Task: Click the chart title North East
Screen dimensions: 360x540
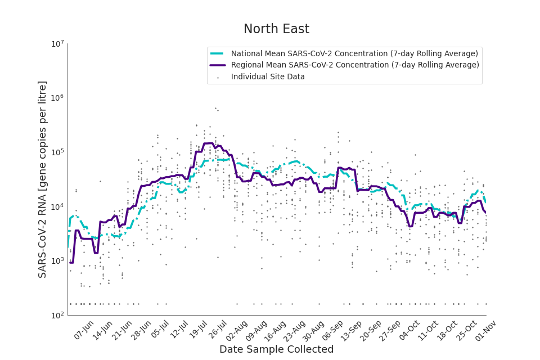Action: pyautogui.click(x=276, y=29)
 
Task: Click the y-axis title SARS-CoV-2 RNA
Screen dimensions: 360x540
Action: pyautogui.click(x=43, y=179)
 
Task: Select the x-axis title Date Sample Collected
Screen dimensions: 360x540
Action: pyautogui.click(x=276, y=349)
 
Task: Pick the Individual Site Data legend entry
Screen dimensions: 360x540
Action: pyautogui.click(x=268, y=76)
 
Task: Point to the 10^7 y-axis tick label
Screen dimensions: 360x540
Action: pyautogui.click(x=57, y=44)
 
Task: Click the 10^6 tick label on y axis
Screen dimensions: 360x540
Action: pyautogui.click(x=57, y=98)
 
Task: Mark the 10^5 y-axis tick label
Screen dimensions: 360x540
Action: pyautogui.click(x=57, y=152)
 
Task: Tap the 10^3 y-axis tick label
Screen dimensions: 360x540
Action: pyautogui.click(x=57, y=261)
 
